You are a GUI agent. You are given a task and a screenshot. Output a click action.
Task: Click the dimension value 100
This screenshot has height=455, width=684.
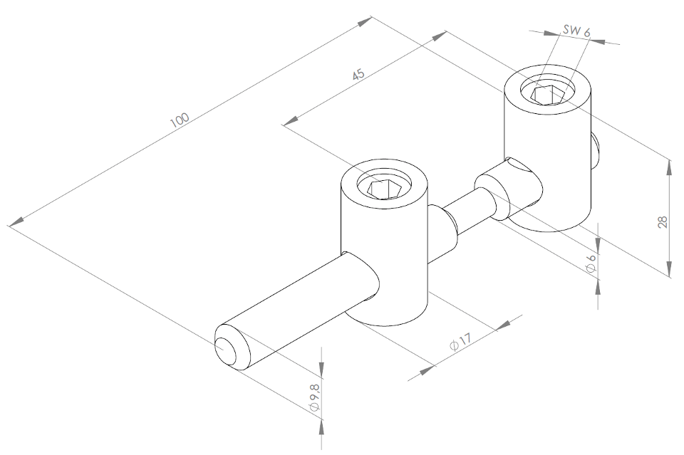point(180,120)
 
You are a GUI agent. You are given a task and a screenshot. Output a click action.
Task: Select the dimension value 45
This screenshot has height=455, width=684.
point(358,75)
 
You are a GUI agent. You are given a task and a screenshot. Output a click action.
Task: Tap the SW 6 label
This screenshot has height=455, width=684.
point(576,31)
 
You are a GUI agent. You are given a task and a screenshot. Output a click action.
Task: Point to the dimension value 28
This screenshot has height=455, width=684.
point(663,222)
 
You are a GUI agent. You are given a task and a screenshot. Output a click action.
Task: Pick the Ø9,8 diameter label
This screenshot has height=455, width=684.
point(314,397)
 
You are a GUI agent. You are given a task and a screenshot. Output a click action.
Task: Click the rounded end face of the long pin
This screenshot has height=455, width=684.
point(226,350)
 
